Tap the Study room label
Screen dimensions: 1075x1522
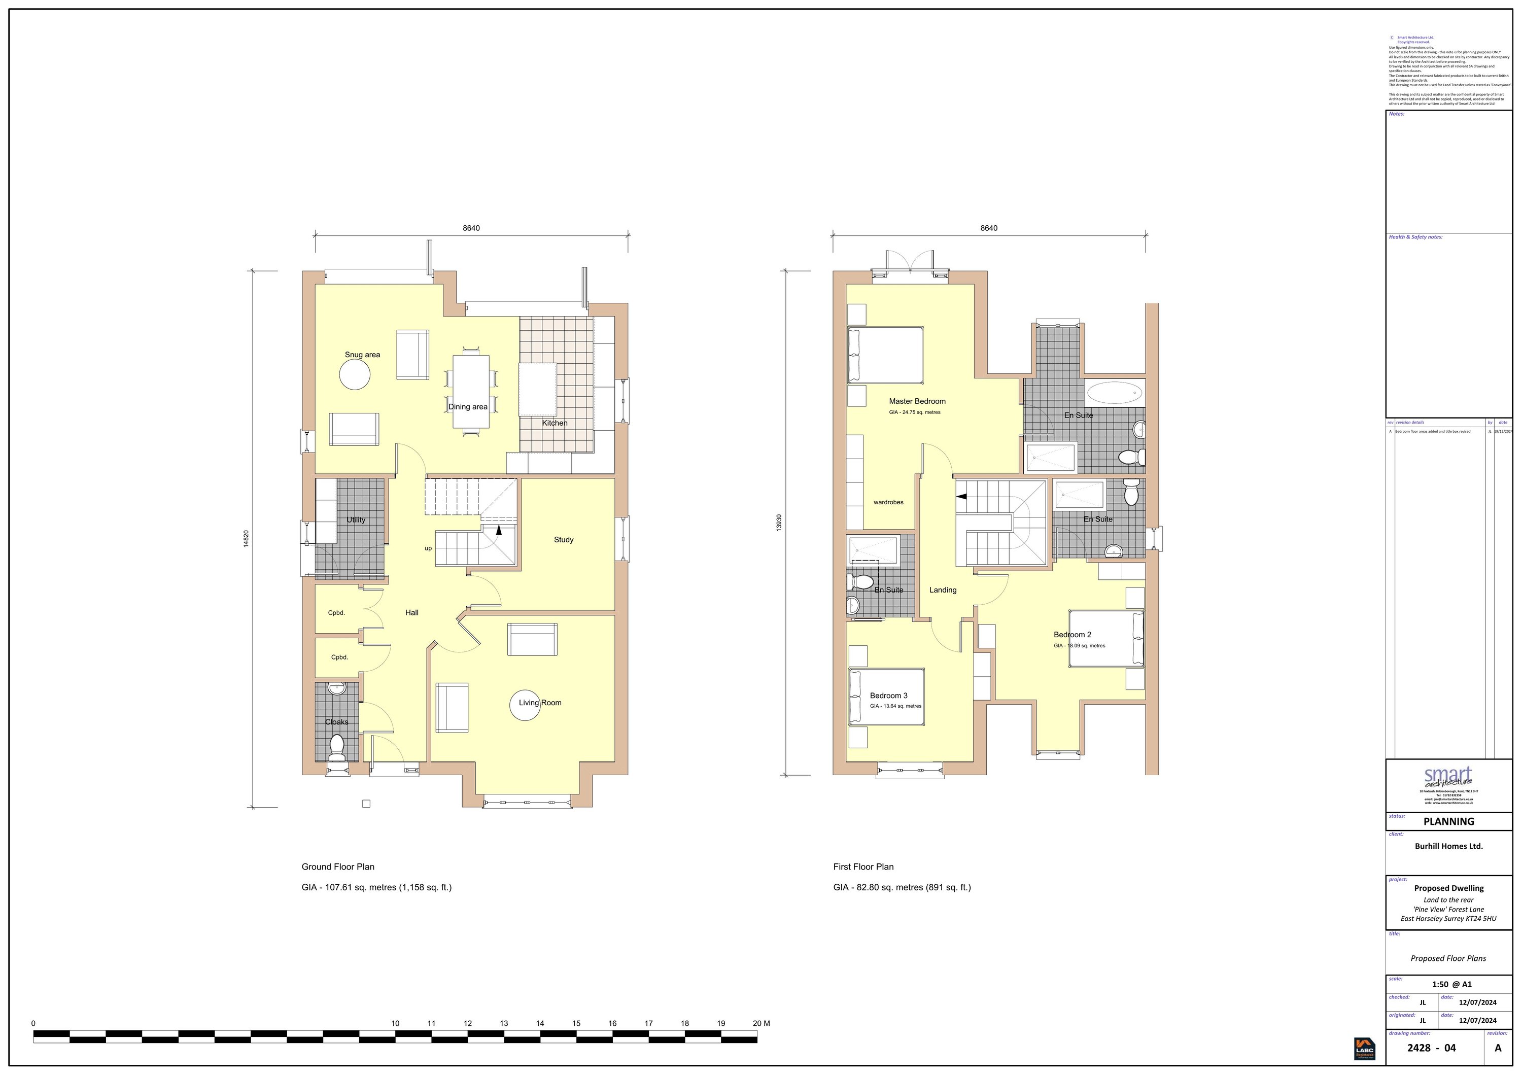(x=564, y=539)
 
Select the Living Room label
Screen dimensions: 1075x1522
(x=540, y=703)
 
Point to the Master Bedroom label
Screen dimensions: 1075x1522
(x=917, y=401)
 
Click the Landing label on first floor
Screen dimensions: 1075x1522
(x=942, y=590)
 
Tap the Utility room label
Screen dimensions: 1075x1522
(x=356, y=519)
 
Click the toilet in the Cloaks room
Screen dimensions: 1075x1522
(x=337, y=747)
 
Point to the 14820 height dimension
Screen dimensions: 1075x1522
(x=246, y=539)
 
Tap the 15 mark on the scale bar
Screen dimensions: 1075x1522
(x=576, y=1023)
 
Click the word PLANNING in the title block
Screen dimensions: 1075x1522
(x=1448, y=821)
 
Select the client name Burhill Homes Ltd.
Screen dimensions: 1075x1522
(x=1448, y=846)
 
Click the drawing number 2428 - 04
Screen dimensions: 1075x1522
(x=1431, y=1048)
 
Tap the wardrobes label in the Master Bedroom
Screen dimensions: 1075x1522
(x=888, y=502)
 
